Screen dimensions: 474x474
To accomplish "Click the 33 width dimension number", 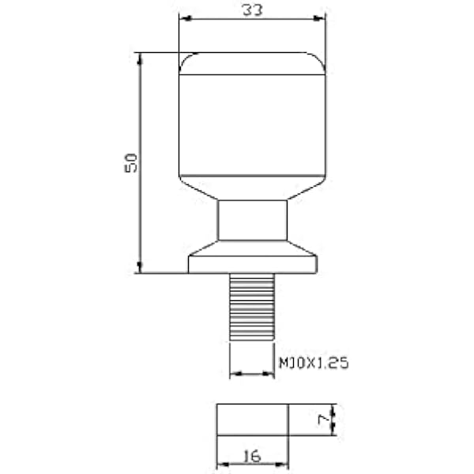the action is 253,10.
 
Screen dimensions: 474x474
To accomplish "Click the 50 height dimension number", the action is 131,164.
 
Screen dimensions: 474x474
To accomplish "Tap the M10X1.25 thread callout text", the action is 314,363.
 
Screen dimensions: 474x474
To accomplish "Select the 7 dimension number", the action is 323,419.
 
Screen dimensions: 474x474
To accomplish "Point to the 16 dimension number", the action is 252,456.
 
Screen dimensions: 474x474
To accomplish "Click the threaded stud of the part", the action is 252,307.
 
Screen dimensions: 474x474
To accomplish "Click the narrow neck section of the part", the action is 253,220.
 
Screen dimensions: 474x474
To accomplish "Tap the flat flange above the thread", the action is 253,265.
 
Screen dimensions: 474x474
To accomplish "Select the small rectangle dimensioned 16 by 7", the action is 253,419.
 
